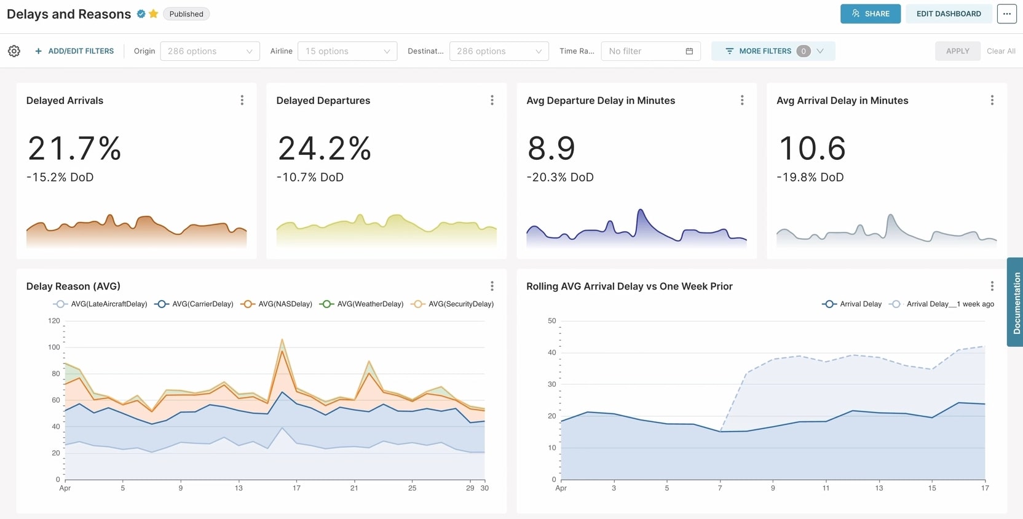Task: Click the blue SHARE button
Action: tap(870, 14)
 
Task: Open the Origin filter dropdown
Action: tap(210, 51)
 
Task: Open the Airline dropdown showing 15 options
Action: tap(347, 51)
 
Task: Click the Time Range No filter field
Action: tap(650, 51)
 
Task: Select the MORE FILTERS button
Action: tap(772, 51)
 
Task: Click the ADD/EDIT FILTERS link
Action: tap(74, 51)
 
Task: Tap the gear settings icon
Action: tap(14, 51)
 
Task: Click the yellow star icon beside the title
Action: tap(154, 14)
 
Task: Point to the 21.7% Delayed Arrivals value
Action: tap(74, 148)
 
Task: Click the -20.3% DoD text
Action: tap(559, 177)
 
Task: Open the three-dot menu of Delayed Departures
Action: tap(492, 100)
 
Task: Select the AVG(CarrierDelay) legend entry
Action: tap(195, 304)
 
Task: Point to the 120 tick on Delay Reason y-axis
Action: tap(54, 320)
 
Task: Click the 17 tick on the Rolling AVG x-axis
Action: tap(985, 488)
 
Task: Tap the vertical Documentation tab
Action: tap(1016, 303)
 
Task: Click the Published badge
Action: tap(186, 14)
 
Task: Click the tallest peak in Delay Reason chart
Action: tap(282, 339)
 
